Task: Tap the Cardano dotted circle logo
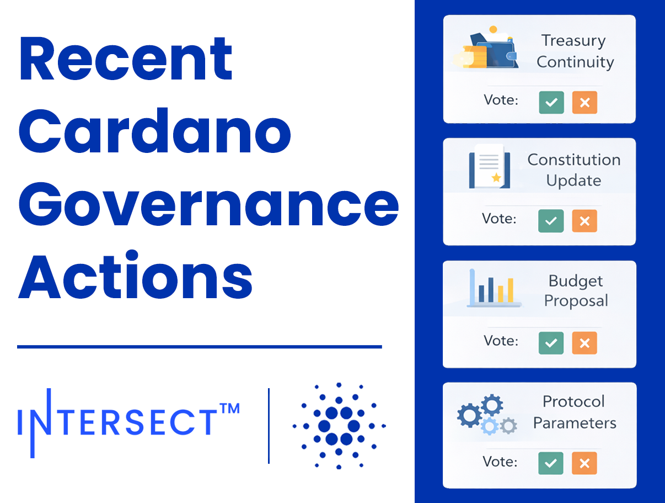(x=339, y=426)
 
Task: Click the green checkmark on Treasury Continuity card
(x=551, y=103)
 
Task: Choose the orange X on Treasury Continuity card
(x=584, y=103)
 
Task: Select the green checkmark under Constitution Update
(x=551, y=221)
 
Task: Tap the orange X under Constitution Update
(x=584, y=221)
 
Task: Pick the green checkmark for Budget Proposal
(x=551, y=343)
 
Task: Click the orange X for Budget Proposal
(x=584, y=343)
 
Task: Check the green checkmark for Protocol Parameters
(x=551, y=464)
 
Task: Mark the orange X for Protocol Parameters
(x=584, y=464)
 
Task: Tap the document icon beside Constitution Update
(x=489, y=166)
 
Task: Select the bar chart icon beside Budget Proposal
(x=494, y=288)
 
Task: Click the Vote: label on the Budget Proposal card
(x=501, y=340)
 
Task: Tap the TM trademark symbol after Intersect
(x=229, y=410)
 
